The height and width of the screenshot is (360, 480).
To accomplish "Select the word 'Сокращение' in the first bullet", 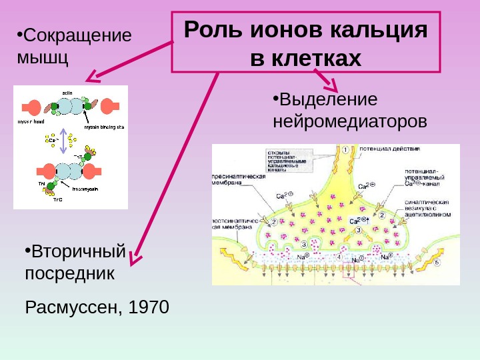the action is pyautogui.click(x=77, y=35).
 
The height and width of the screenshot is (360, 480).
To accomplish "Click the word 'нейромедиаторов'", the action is pyautogui.click(x=350, y=122).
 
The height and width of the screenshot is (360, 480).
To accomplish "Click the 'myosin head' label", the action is pyautogui.click(x=29, y=122).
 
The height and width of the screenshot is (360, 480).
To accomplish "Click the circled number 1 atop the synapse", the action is pyautogui.click(x=346, y=150).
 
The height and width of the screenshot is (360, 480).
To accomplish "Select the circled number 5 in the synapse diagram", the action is pyautogui.click(x=437, y=263).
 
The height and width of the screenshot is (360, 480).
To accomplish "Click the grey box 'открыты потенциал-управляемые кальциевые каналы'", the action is pyautogui.click(x=287, y=160).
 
